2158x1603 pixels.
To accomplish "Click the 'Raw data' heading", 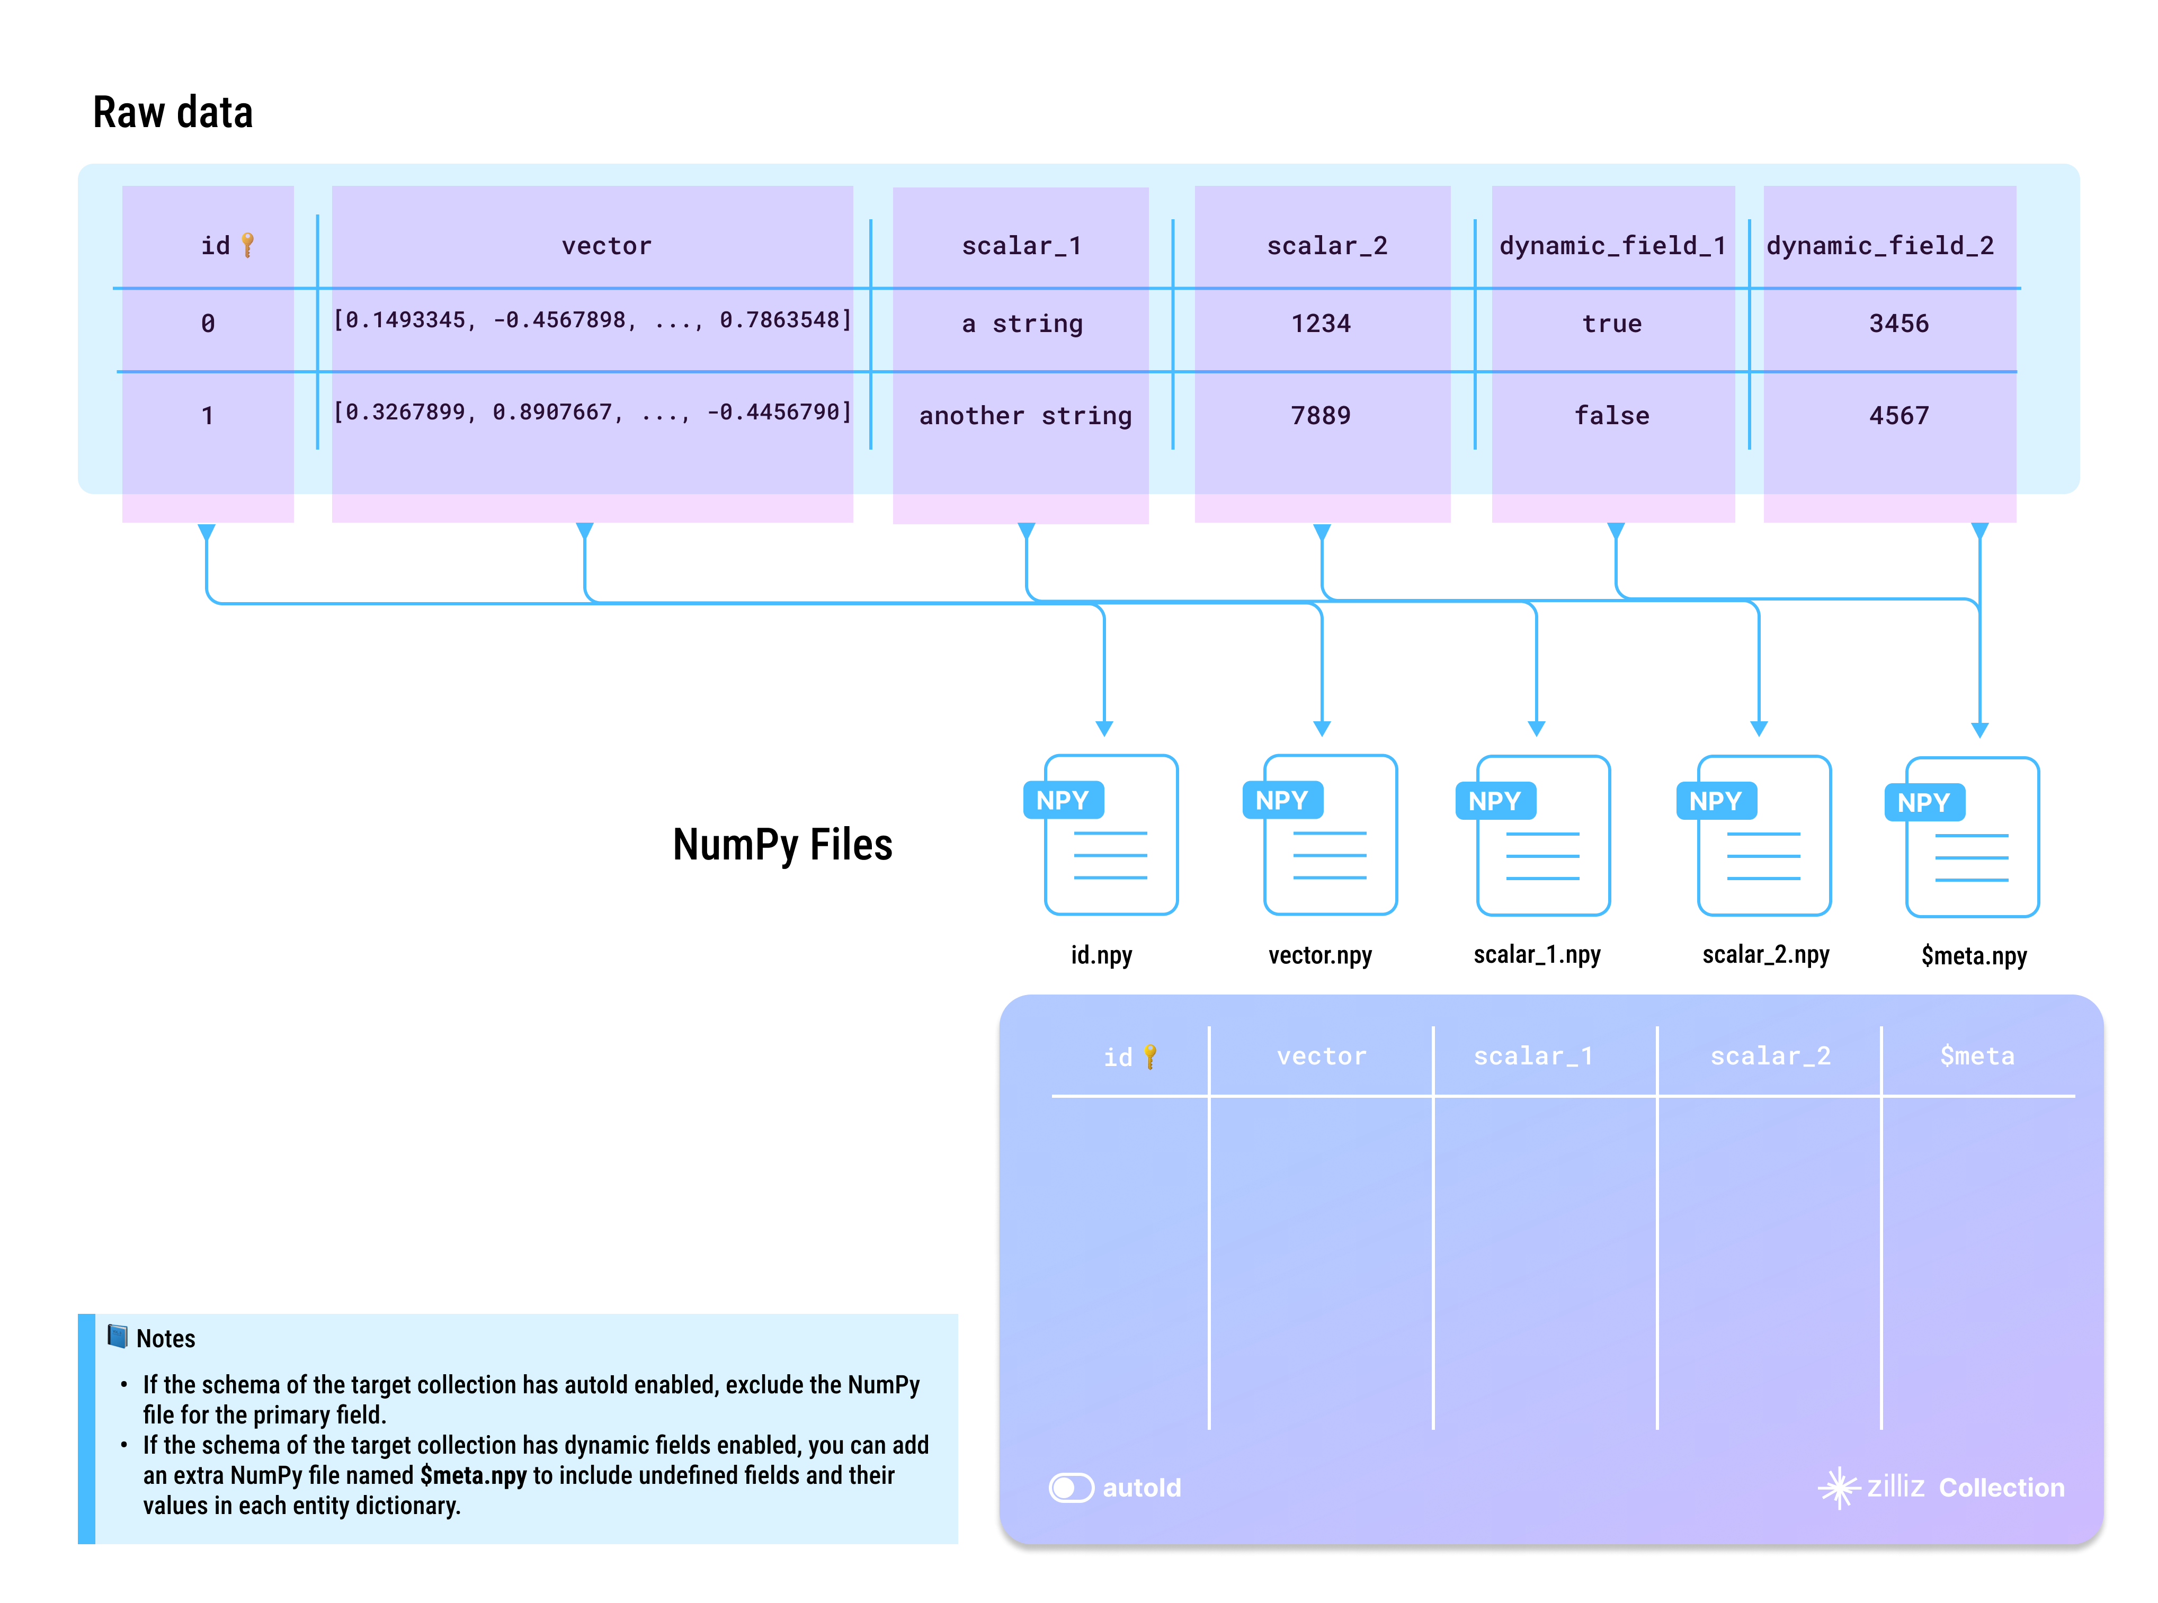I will (x=173, y=113).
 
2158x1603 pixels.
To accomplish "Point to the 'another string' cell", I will (x=1024, y=415).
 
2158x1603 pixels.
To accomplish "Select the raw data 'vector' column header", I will (x=607, y=246).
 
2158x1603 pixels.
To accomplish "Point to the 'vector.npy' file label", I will (x=1319, y=955).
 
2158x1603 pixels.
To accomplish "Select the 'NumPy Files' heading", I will (x=782, y=844).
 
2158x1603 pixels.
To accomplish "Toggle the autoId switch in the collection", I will (x=1071, y=1488).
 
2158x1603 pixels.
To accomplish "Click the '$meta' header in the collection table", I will (x=1976, y=1056).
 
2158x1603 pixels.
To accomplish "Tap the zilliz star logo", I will (x=1837, y=1488).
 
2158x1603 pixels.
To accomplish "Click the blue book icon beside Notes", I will (x=118, y=1337).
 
